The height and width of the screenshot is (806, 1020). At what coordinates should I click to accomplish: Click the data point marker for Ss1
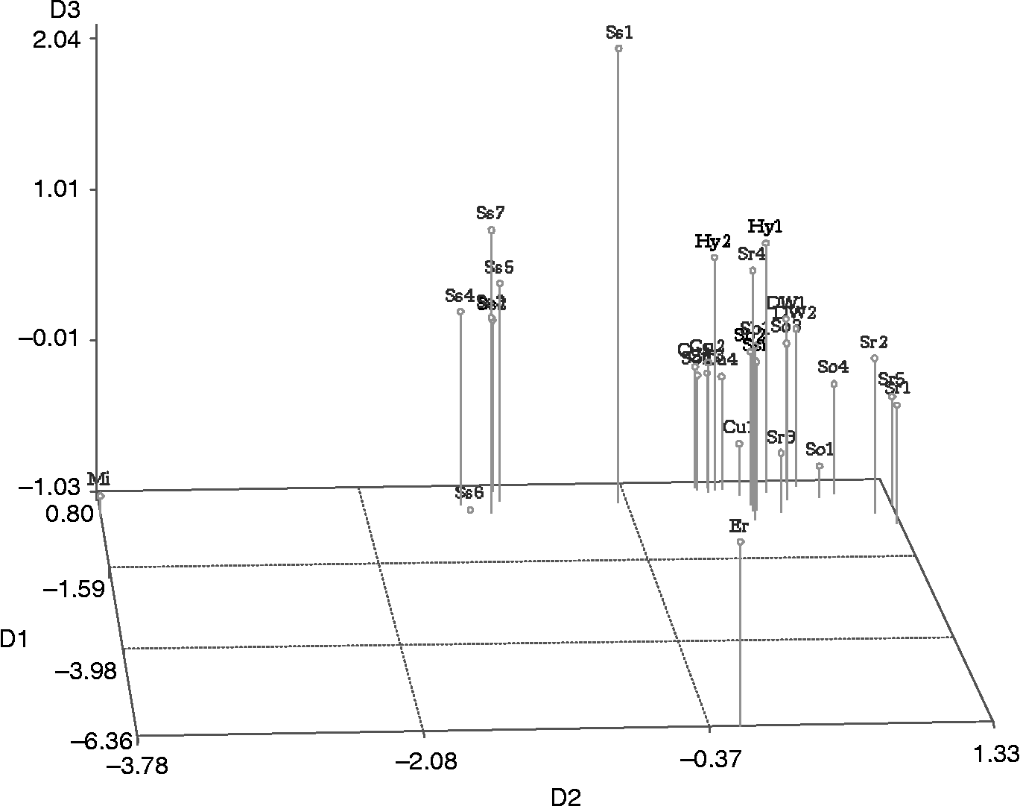(x=618, y=48)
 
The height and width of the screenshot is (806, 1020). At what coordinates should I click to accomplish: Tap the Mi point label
(x=99, y=478)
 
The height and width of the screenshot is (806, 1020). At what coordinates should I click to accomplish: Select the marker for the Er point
(x=741, y=541)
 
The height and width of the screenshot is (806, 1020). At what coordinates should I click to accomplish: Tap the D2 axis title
(x=566, y=796)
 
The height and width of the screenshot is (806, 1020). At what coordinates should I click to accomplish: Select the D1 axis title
(x=15, y=638)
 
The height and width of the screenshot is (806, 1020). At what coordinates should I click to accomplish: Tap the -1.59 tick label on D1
(x=75, y=589)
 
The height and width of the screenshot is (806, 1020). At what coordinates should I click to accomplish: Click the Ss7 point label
(x=491, y=212)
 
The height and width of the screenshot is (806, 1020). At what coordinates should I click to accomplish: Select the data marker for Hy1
(x=766, y=243)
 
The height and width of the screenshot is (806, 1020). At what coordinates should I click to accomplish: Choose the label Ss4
(x=460, y=295)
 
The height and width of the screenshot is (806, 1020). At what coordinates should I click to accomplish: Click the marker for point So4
(x=834, y=384)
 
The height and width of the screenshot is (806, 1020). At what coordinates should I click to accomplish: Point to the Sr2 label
(x=874, y=342)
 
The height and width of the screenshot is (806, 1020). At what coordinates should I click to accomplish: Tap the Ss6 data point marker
(x=470, y=510)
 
